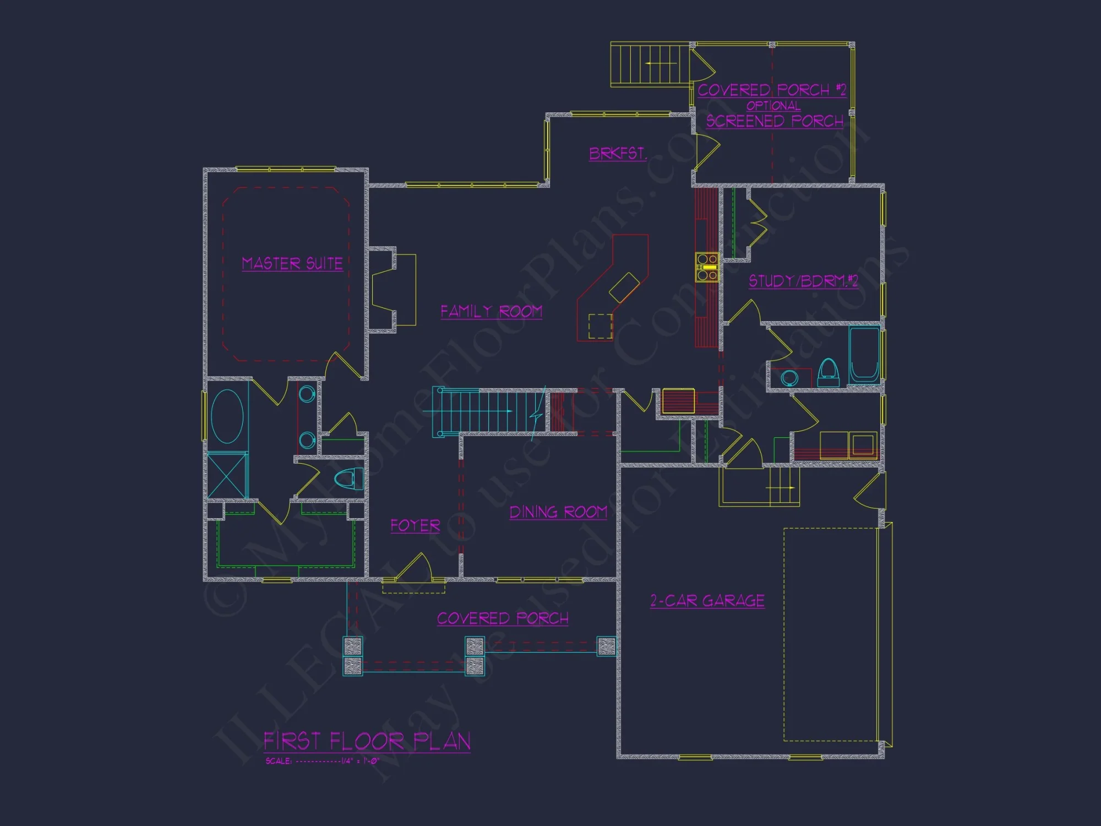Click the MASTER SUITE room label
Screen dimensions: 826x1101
coord(292,264)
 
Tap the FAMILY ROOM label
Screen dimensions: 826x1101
coord(491,312)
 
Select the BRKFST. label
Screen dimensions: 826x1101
coord(617,154)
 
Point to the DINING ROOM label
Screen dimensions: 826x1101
coord(558,513)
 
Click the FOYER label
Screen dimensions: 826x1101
coord(415,526)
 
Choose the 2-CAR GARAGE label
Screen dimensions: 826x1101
coord(707,601)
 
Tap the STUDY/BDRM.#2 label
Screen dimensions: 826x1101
coord(803,281)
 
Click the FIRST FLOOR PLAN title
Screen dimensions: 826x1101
coord(367,742)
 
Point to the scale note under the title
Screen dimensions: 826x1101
coord(322,761)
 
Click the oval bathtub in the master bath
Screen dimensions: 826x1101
coord(227,416)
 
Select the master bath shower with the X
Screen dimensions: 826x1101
coord(227,475)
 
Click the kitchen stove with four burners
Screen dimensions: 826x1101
coord(707,267)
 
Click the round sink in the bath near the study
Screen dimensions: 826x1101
coord(789,378)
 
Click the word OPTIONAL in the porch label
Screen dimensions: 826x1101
coord(773,106)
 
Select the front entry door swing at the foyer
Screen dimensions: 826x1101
coord(416,567)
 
